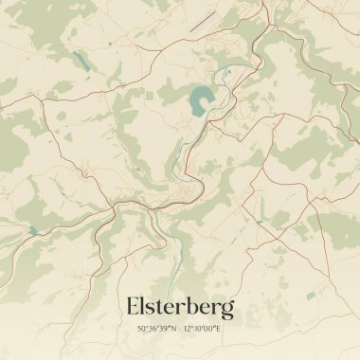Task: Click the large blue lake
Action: tap(201, 100)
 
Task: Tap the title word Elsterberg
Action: tap(179, 307)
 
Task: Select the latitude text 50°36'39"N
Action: tap(155, 329)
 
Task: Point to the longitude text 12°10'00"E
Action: tap(202, 329)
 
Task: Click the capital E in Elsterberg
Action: tap(133, 307)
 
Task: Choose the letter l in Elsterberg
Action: tap(144, 306)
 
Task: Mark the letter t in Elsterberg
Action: tap(162, 307)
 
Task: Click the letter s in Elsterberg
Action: tap(153, 309)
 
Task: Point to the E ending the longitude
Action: tap(217, 329)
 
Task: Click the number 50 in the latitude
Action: tap(141, 329)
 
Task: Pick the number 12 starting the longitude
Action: tap(188, 329)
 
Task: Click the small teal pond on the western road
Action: tap(31, 230)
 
